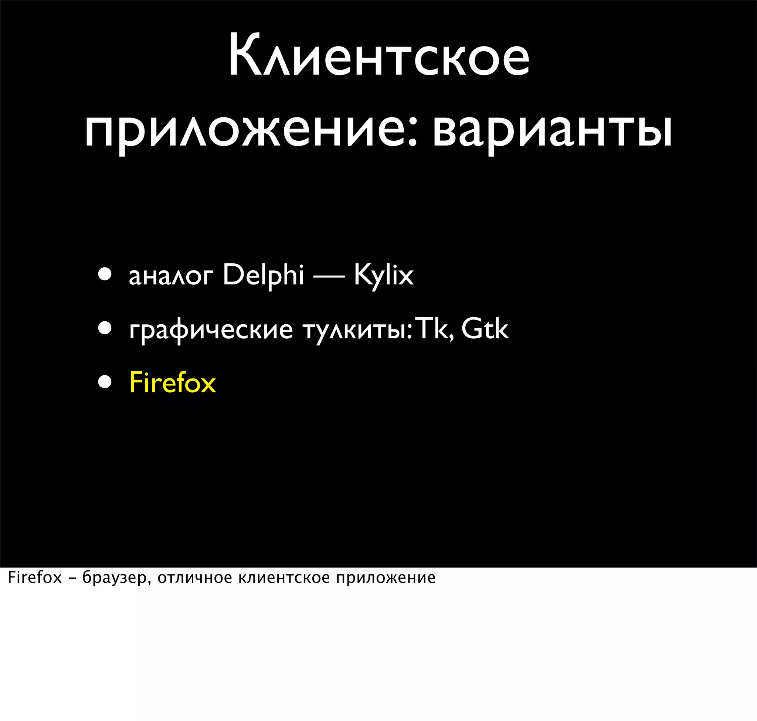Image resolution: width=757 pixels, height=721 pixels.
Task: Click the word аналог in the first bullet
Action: point(171,276)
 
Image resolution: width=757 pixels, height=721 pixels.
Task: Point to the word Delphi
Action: point(264,275)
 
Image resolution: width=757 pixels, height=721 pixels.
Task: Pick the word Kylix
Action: point(384,275)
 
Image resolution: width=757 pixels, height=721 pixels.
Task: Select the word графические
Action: point(211,330)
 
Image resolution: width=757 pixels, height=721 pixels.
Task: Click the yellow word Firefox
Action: point(173,382)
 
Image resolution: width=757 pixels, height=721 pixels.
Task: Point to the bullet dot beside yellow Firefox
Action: point(105,382)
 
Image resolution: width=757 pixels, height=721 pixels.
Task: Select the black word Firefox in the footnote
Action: point(35,578)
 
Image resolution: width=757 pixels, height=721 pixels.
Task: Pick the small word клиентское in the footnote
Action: point(284,578)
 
